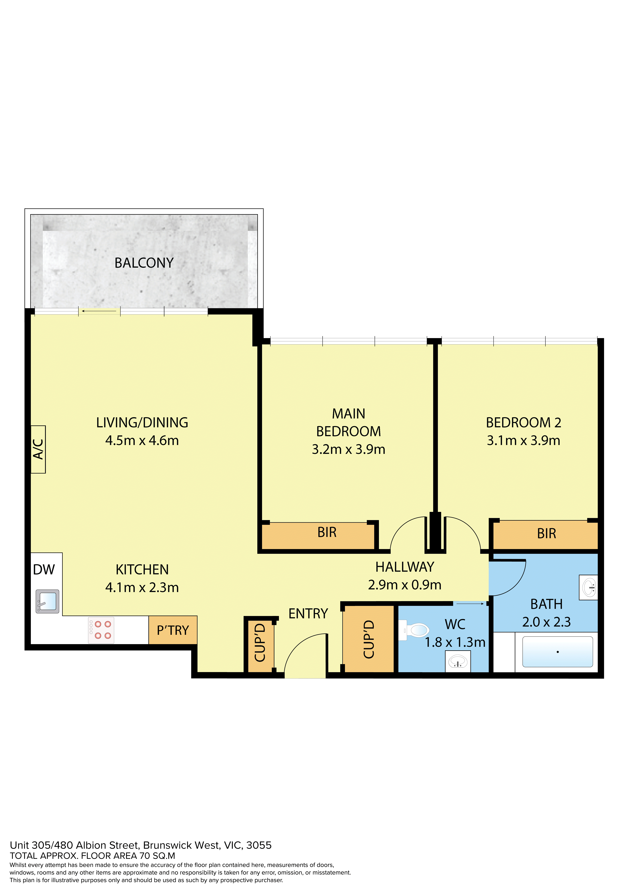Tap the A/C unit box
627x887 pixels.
pyautogui.click(x=38, y=449)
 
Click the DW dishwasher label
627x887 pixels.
pyautogui.click(x=44, y=569)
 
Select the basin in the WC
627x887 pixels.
pyautogui.click(x=458, y=662)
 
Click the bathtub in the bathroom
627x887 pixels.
pyautogui.click(x=557, y=652)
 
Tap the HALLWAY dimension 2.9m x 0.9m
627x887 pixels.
pyautogui.click(x=404, y=585)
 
